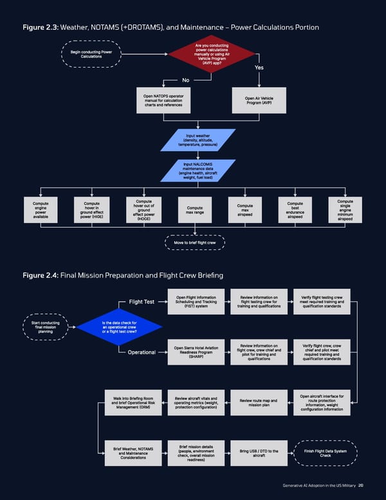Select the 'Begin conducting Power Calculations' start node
(91, 53)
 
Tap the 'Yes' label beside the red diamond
(259, 68)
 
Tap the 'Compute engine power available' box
(41, 210)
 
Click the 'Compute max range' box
(195, 211)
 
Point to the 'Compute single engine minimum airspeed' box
(345, 210)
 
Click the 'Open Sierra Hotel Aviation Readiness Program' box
(197, 352)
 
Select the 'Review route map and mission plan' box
(259, 403)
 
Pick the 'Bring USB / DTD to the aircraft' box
(259, 454)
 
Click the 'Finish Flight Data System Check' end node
(326, 454)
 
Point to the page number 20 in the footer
(362, 485)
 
